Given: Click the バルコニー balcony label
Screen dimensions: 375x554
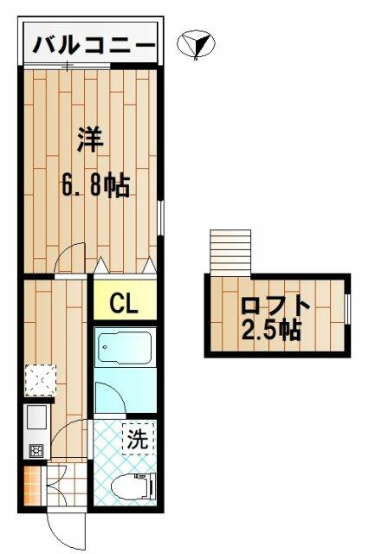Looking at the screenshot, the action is tap(94, 45).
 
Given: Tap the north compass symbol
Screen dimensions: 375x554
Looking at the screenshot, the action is tap(196, 44).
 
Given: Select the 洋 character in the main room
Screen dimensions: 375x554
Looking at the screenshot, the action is tap(90, 140).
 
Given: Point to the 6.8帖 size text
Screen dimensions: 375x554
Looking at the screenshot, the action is tap(95, 184).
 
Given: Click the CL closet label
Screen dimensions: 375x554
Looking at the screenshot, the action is tap(123, 304).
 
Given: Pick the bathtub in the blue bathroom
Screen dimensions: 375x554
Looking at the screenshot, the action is tap(125, 347).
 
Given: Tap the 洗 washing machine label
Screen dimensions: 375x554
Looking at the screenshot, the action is tap(138, 439).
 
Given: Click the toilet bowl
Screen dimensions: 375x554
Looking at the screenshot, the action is tap(133, 487).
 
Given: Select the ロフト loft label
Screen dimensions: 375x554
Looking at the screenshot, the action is tap(275, 306).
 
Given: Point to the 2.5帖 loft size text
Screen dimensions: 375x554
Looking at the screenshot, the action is tap(271, 331).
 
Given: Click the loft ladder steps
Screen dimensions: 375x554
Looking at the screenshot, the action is tap(230, 252).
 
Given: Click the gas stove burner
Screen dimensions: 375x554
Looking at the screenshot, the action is tap(36, 450).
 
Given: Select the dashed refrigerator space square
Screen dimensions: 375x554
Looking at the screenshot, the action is tap(41, 380).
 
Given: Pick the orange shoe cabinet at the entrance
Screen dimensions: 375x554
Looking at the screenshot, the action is tap(32, 486).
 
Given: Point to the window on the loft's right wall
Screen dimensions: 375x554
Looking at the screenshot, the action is tap(347, 309).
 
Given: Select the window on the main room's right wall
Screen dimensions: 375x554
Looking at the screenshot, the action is tap(161, 217).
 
